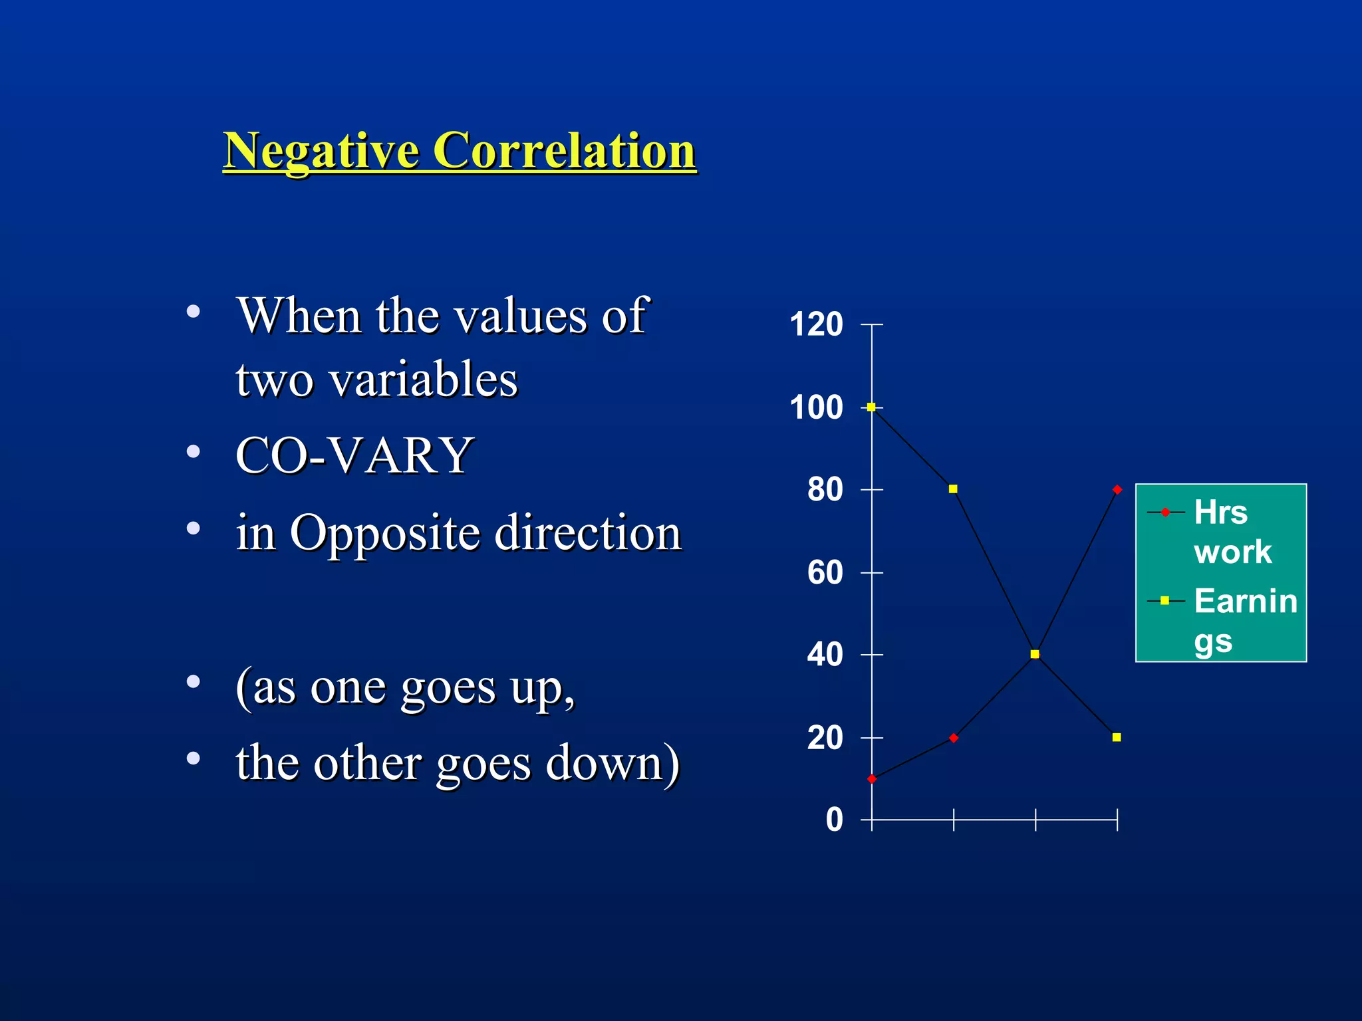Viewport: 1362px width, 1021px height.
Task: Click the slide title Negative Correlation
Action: click(459, 151)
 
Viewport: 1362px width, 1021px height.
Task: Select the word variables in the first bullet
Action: click(423, 380)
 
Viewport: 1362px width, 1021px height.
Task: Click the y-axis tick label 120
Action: click(816, 325)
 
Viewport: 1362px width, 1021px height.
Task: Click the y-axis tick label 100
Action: click(816, 407)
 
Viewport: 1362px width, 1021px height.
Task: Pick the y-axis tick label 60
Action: click(825, 572)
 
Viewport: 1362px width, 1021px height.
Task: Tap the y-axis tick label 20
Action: click(825, 738)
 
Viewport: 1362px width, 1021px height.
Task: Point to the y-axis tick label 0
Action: click(834, 820)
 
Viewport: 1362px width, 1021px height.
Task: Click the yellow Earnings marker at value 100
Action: click(871, 407)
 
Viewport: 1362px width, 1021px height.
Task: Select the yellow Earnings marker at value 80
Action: click(953, 489)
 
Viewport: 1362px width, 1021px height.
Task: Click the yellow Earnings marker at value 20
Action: click(1117, 737)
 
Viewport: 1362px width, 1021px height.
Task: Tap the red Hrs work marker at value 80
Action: click(1117, 490)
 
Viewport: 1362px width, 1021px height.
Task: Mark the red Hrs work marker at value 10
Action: click(872, 779)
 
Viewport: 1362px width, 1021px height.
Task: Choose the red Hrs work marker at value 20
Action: click(954, 738)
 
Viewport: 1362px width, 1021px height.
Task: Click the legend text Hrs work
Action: click(1232, 532)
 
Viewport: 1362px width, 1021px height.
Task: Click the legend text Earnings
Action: click(1244, 620)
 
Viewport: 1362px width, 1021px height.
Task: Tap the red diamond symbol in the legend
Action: click(1165, 512)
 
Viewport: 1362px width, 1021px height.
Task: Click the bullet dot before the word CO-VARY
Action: click(194, 452)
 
